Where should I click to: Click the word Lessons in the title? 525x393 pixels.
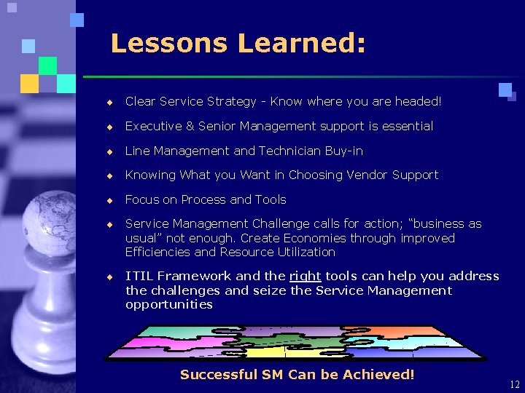[x=168, y=44]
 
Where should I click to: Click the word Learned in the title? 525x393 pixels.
[x=300, y=44]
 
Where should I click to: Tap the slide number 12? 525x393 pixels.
[x=515, y=385]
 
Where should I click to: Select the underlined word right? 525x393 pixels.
[x=306, y=277]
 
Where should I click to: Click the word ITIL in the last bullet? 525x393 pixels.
[x=139, y=277]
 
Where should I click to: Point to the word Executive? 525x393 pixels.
[x=149, y=127]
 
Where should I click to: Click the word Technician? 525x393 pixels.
[x=302, y=151]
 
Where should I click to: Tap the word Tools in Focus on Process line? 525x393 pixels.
[x=270, y=199]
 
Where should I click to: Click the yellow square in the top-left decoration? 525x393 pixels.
[x=29, y=84]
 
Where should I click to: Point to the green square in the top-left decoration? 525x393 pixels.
[x=47, y=65]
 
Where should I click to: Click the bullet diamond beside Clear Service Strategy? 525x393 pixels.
[x=109, y=103]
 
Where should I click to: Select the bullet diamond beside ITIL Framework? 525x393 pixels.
[x=109, y=277]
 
